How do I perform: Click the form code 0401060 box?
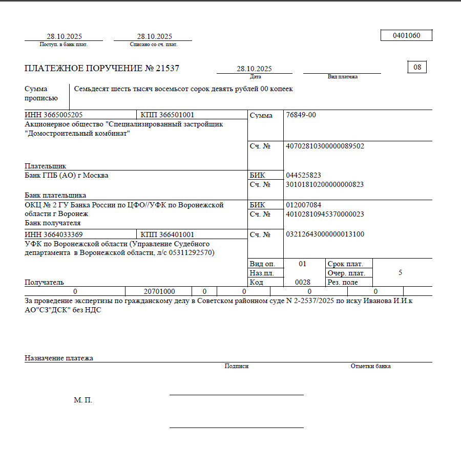[406, 36]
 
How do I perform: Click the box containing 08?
[417, 67]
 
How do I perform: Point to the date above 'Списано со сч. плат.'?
[154, 36]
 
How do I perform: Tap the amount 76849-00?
[301, 115]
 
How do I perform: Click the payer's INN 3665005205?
[53, 115]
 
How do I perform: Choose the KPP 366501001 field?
[167, 115]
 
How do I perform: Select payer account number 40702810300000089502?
[325, 146]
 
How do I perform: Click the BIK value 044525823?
[304, 175]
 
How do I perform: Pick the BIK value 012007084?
[304, 205]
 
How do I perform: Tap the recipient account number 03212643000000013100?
[325, 234]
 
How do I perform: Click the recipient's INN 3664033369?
[53, 234]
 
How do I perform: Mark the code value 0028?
[303, 282]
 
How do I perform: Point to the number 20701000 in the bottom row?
[159, 291]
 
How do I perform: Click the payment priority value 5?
[400, 273]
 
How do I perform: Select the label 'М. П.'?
[83, 400]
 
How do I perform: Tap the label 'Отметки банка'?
[370, 366]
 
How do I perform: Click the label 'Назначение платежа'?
[59, 358]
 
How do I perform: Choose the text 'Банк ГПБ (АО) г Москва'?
[67, 176]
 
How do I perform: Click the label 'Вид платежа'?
[342, 77]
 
